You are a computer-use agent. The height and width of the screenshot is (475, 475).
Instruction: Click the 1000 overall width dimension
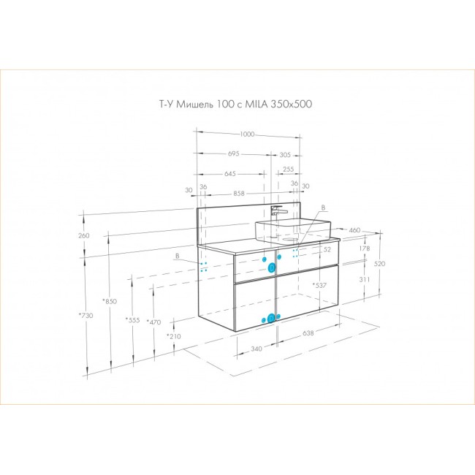coord(247,134)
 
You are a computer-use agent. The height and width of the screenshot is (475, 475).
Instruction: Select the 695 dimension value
coord(234,153)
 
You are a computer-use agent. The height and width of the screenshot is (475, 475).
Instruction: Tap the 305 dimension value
coord(285,155)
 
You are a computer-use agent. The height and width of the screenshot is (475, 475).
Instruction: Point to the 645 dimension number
coord(230,174)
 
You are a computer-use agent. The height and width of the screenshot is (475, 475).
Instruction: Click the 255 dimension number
coord(288,169)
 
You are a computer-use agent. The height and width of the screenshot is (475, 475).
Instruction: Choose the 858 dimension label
coord(239,193)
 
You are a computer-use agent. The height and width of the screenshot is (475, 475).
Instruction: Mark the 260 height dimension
coord(84,235)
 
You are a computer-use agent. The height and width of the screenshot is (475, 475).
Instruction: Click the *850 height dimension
coord(110,301)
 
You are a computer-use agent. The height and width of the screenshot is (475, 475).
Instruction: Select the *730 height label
coord(85,316)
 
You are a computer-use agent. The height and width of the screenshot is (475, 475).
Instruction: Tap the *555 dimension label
coord(133,320)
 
